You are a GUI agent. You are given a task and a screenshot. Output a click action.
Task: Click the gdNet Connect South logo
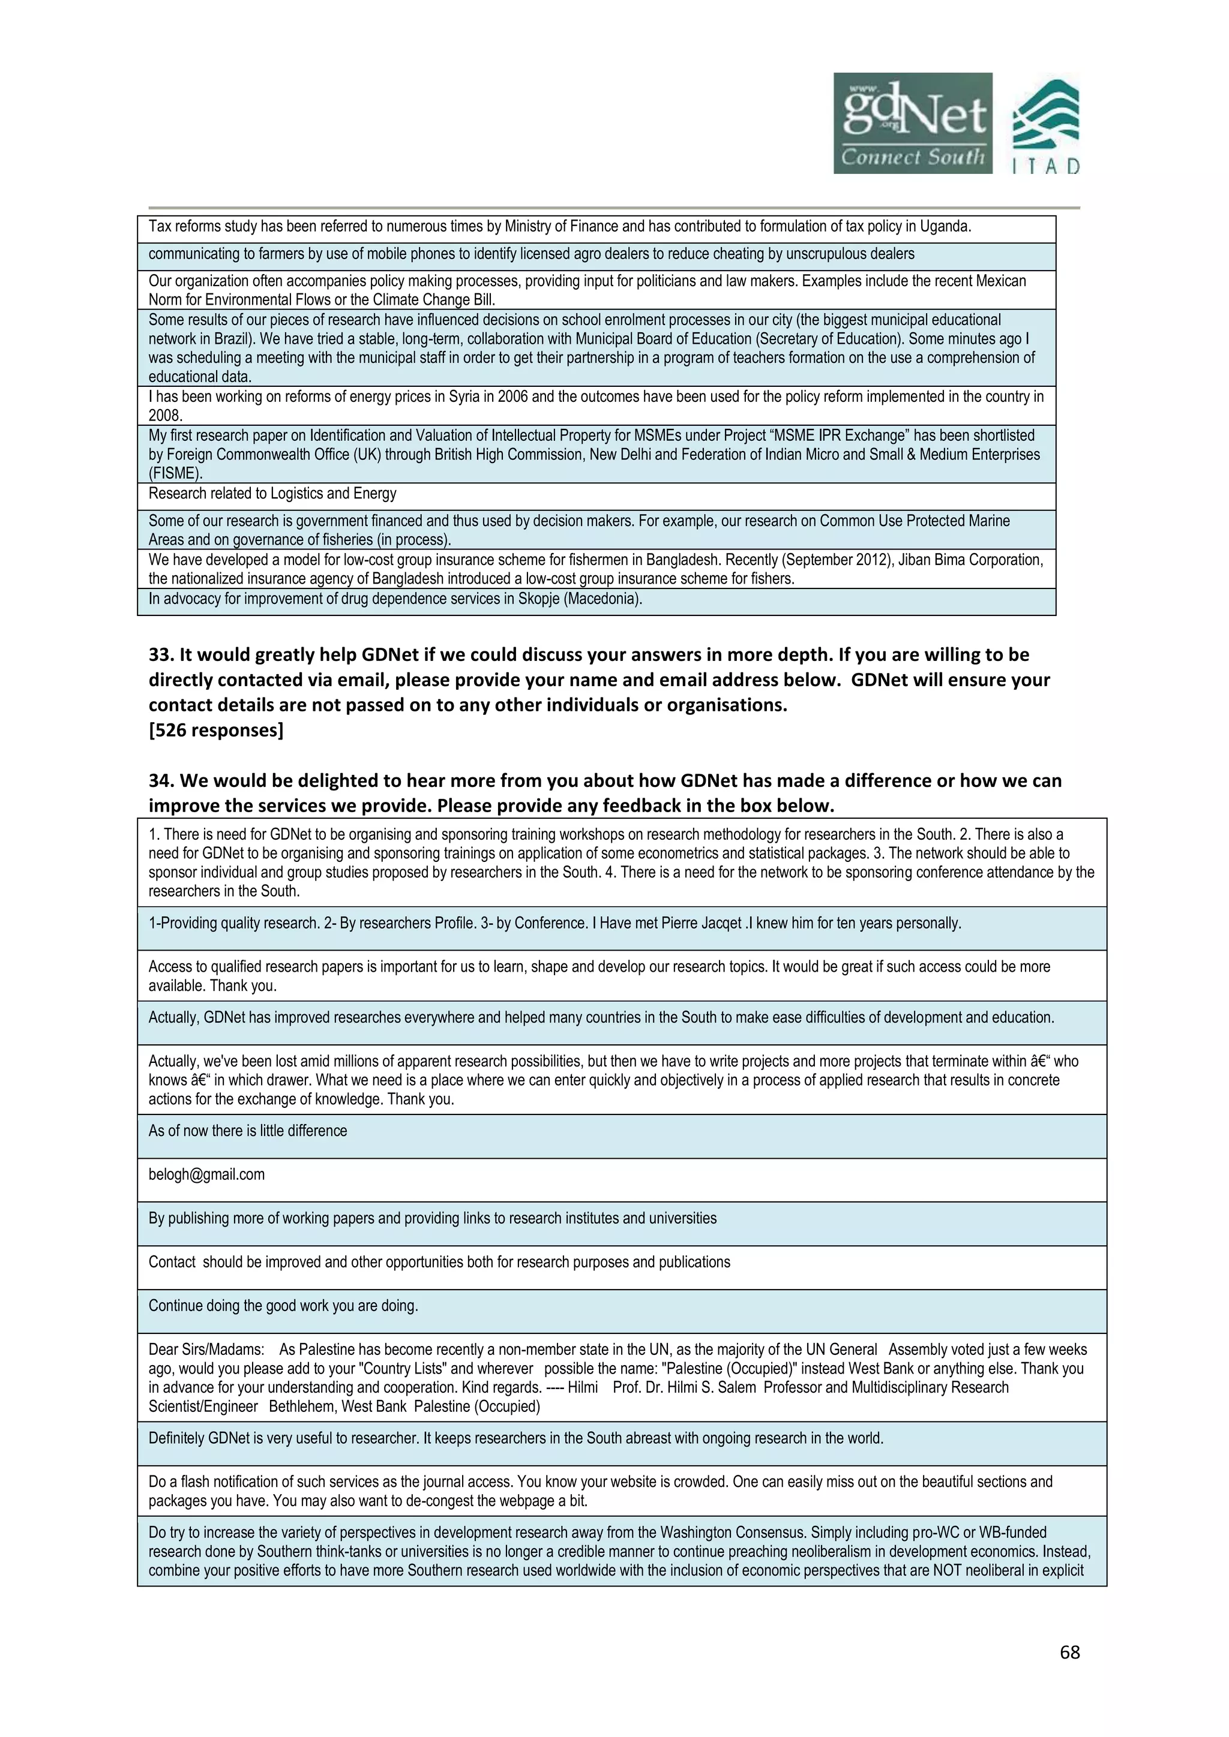[x=912, y=124]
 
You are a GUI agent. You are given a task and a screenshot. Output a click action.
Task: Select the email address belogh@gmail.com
[x=206, y=1174]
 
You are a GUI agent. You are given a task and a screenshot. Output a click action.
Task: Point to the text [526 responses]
[x=215, y=730]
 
